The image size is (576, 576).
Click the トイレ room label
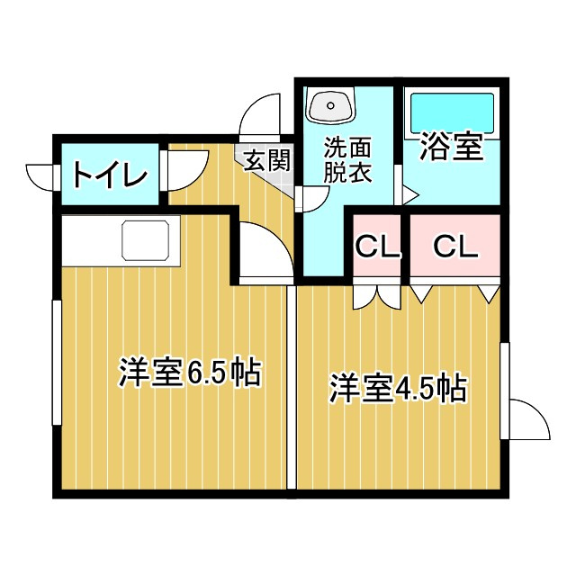click(x=110, y=174)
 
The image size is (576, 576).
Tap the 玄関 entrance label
click(x=268, y=160)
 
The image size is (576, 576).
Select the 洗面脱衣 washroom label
click(x=347, y=160)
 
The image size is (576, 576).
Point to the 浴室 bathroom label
click(x=451, y=146)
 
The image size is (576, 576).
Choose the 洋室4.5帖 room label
click(x=399, y=388)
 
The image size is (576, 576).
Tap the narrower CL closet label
click(x=377, y=247)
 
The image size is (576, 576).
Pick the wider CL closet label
click(x=455, y=247)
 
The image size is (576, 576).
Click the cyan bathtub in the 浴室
click(x=452, y=112)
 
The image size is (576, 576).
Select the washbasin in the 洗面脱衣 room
click(x=331, y=106)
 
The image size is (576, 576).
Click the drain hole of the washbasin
click(x=330, y=106)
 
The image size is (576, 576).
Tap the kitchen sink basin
click(x=146, y=240)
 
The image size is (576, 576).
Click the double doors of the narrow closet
click(x=377, y=297)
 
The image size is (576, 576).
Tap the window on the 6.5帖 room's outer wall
click(x=57, y=363)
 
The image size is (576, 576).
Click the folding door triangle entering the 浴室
click(x=409, y=194)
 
